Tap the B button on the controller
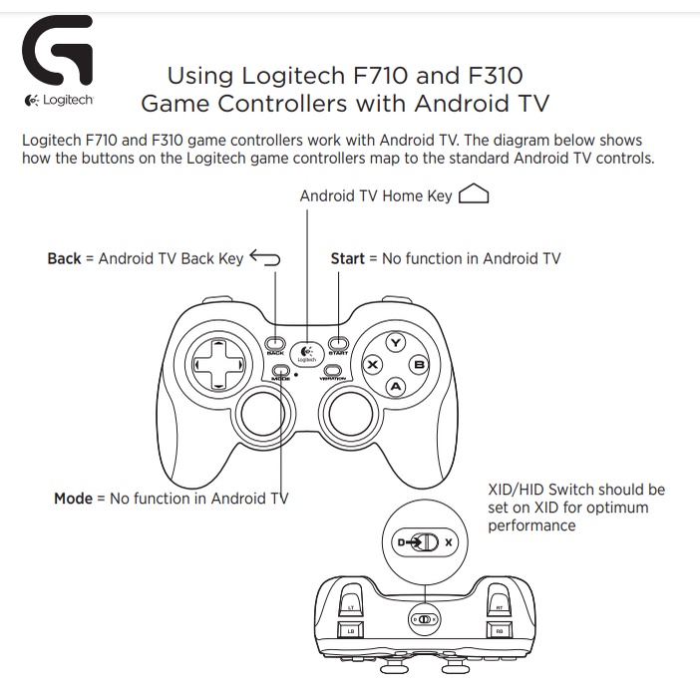pyautogui.click(x=419, y=365)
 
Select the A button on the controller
pyautogui.click(x=395, y=386)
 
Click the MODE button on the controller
pyautogui.click(x=281, y=370)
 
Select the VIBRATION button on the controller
pyautogui.click(x=332, y=370)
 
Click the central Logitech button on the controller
pyautogui.click(x=306, y=353)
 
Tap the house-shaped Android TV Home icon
pyautogui.click(x=474, y=195)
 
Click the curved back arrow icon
pyautogui.click(x=265, y=258)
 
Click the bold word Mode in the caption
pyautogui.click(x=73, y=498)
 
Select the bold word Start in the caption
pyautogui.click(x=347, y=258)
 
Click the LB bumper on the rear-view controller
pyautogui.click(x=350, y=630)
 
